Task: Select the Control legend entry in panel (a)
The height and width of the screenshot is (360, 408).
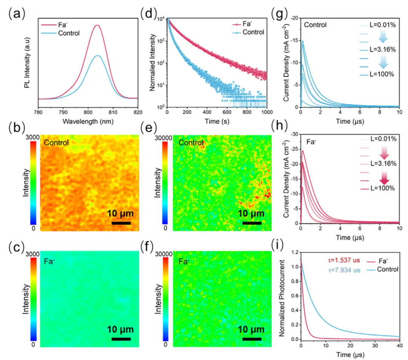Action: point(69,33)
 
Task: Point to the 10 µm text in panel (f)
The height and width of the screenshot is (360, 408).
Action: point(252,328)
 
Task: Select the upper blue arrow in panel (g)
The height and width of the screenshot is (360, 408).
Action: point(382,36)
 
